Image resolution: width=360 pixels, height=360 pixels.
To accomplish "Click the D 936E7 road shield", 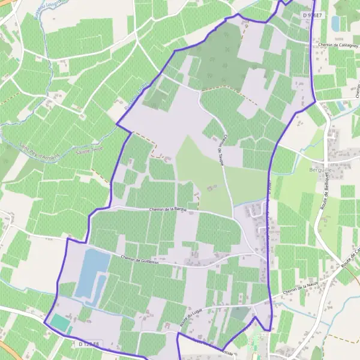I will point(313,14).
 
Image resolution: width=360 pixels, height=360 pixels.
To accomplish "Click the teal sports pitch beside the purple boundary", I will point(60,322).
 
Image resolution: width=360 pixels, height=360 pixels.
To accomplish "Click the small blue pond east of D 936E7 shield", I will point(335,23).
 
